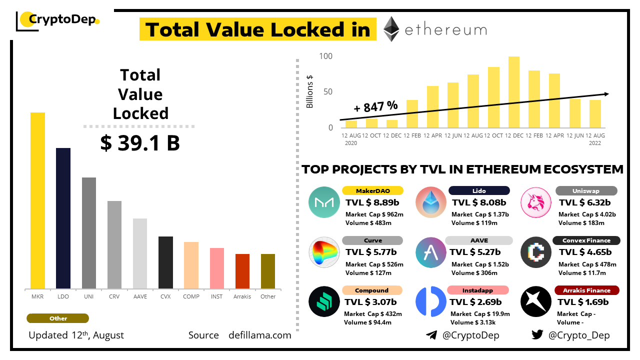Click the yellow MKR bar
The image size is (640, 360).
pyautogui.click(x=37, y=200)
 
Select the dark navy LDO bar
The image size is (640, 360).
pyautogui.click(x=63, y=218)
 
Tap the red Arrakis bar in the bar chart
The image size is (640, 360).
pyautogui.click(x=242, y=271)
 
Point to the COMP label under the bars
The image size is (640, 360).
pyautogui.click(x=191, y=296)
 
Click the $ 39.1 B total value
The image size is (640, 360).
pyautogui.click(x=140, y=143)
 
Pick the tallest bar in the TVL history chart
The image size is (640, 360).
pyautogui.click(x=513, y=92)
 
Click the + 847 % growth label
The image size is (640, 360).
pyautogui.click(x=375, y=106)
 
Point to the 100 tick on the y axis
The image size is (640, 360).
pyautogui.click(x=325, y=56)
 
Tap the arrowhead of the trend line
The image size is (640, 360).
pyautogui.click(x=606, y=94)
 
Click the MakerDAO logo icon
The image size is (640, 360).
pyautogui.click(x=324, y=202)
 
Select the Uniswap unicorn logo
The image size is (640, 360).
pyautogui.click(x=536, y=202)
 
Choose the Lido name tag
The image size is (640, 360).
pyautogui.click(x=479, y=190)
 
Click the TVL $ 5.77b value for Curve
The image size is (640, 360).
pyautogui.click(x=371, y=252)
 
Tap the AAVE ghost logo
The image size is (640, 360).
pyautogui.click(x=430, y=252)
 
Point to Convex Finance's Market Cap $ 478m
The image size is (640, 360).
pyautogui.click(x=587, y=264)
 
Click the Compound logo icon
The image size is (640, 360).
pyautogui.click(x=324, y=301)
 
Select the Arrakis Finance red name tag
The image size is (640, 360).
pyautogui.click(x=586, y=290)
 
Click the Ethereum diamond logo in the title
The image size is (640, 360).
pyautogui.click(x=391, y=29)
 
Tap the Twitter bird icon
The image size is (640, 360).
pyautogui.click(x=537, y=335)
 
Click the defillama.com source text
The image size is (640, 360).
pyautogui.click(x=259, y=335)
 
